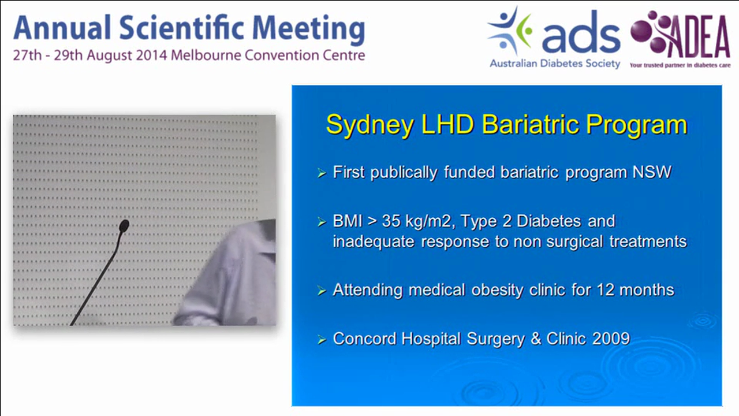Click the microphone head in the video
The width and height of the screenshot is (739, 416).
124,226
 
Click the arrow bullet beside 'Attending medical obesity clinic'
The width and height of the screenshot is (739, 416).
322,291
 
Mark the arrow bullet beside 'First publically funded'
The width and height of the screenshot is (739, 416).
322,173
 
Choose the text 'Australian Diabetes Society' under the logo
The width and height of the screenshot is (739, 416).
555,64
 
